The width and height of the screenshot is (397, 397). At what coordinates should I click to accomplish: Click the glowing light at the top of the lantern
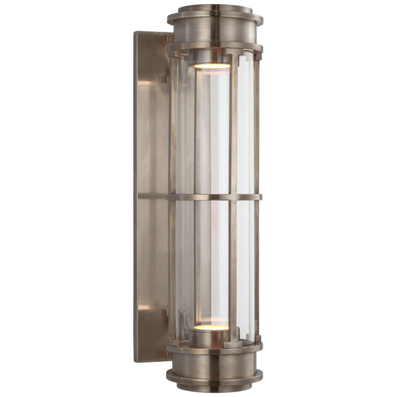point(212,66)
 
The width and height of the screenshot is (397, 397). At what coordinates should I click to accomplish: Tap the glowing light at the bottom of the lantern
point(212,327)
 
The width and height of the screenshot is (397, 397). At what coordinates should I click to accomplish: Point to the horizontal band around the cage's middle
point(214,197)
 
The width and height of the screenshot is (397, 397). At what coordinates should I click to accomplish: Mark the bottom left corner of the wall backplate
point(136,361)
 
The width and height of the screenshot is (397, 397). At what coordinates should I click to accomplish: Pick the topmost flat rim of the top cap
point(215,9)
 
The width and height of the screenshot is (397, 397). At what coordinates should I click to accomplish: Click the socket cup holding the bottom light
point(212,337)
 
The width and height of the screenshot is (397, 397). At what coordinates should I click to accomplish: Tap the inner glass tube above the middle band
point(212,132)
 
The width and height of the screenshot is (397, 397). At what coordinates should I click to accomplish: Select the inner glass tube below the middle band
point(212,265)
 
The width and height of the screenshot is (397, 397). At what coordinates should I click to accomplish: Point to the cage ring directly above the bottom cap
point(215,345)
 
